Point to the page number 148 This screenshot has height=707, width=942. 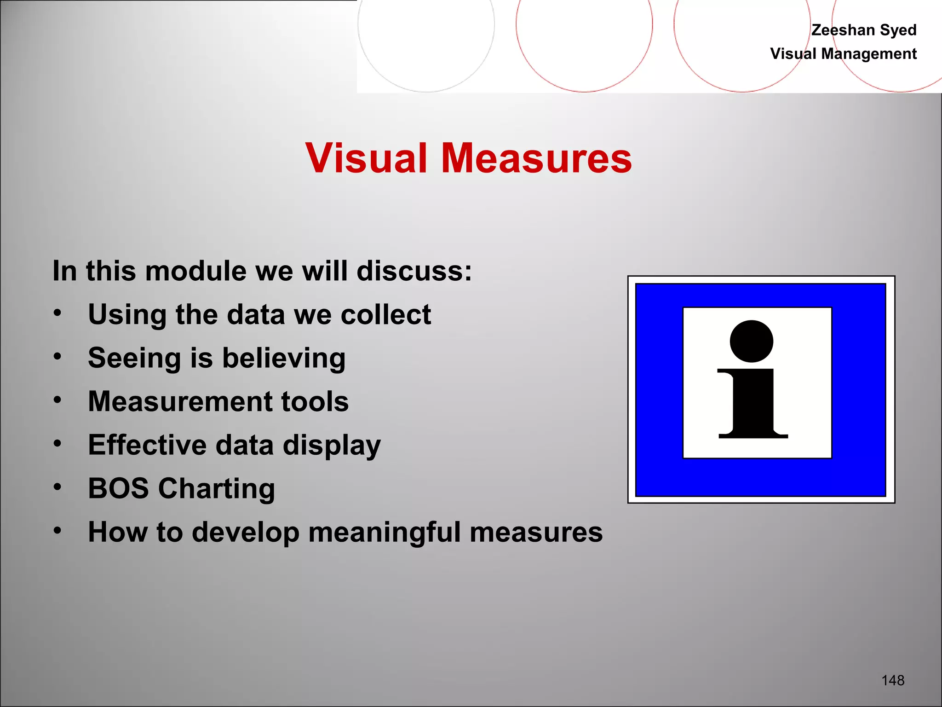coord(893,680)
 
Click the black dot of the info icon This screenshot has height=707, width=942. coord(751,341)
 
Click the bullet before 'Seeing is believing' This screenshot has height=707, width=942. coord(57,356)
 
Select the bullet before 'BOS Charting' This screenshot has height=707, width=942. coord(57,487)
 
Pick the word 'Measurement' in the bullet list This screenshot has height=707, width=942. coord(180,401)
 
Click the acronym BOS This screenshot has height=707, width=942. coord(118,488)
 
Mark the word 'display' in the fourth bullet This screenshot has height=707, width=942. coord(332,446)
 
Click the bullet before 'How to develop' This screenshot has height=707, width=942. coord(57,530)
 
